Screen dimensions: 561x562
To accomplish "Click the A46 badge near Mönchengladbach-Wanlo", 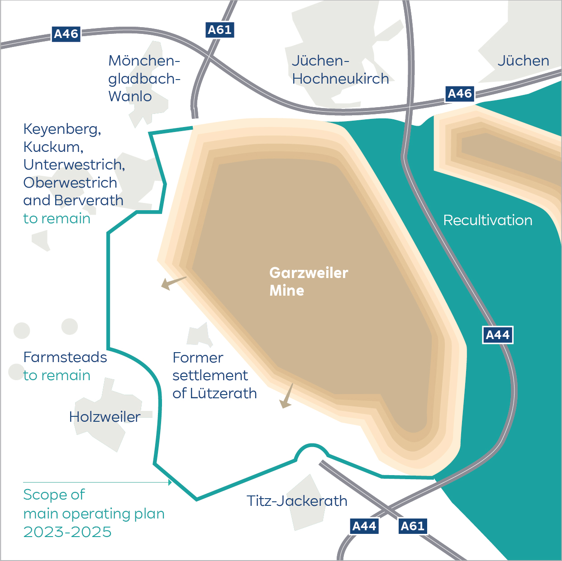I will (x=66, y=34).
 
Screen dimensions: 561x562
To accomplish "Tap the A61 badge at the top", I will (x=219, y=30).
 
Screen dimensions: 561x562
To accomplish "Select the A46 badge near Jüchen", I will (x=460, y=94).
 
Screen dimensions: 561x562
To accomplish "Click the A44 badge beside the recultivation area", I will (x=497, y=335).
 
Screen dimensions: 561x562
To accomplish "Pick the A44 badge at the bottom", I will (x=364, y=526).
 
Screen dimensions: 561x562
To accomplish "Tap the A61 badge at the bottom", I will (x=413, y=526).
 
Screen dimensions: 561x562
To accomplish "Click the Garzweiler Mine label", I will (x=308, y=281).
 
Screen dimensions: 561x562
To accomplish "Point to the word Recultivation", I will (x=487, y=220).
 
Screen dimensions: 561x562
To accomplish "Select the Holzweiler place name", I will (x=105, y=417).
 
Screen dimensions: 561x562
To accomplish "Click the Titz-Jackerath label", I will (x=297, y=501).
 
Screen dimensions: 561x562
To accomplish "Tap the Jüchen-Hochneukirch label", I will (x=340, y=70).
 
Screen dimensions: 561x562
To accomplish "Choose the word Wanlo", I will (x=130, y=96).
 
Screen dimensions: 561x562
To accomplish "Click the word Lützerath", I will (x=224, y=393).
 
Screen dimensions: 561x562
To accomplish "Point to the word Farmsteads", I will (x=65, y=357).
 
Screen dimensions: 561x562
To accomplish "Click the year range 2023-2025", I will (x=67, y=532).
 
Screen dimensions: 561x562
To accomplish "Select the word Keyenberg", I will (x=62, y=129).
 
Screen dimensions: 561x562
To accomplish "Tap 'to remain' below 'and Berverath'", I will (x=57, y=219).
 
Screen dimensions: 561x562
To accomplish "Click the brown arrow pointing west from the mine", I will (x=172, y=283).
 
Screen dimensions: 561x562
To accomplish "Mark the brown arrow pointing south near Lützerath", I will (x=286, y=397).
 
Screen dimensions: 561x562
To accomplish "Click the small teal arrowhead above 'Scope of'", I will (x=170, y=482).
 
